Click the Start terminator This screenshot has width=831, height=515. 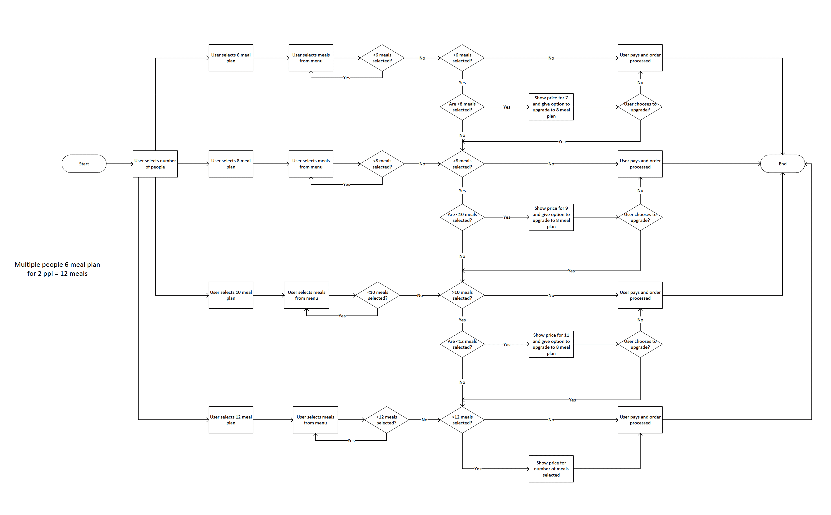pos(84,164)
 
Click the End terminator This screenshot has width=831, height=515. pos(782,164)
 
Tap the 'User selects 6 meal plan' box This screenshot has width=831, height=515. pos(231,58)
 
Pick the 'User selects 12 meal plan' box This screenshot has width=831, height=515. pos(231,420)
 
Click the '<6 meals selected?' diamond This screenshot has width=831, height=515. pos(382,58)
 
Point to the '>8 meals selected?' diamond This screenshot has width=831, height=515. pos(462,164)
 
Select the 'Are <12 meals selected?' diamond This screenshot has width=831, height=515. pos(462,344)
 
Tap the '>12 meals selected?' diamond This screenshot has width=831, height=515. pos(462,420)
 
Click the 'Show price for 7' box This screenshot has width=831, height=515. pos(551,107)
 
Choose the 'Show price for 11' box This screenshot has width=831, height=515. pos(551,344)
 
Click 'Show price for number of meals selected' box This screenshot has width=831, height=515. pos(551,469)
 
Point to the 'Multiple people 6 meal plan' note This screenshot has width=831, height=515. pos(57,269)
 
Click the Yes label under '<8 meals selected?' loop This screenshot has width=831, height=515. pos(346,184)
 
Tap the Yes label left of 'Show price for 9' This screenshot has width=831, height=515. pos(507,217)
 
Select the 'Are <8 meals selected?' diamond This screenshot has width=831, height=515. pos(462,107)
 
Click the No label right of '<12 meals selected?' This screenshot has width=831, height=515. pos(424,420)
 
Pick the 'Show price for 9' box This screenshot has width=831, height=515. pos(551,217)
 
